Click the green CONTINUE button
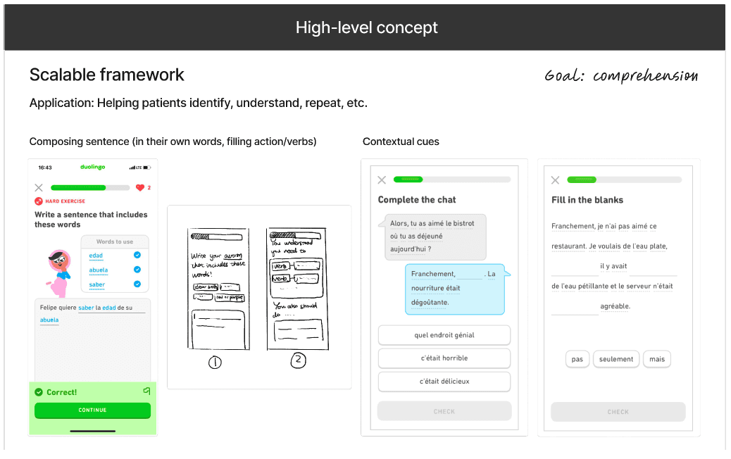point(92,410)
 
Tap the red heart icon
point(139,188)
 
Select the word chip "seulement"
point(616,359)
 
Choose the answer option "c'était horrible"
point(444,358)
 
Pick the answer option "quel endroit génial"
point(444,335)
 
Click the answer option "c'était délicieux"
point(444,382)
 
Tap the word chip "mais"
point(657,359)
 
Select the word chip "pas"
point(577,359)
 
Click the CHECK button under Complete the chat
point(444,411)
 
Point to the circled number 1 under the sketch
point(215,363)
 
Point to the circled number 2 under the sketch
point(299,360)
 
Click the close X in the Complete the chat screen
point(382,180)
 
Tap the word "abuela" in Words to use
point(99,270)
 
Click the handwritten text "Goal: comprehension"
point(621,76)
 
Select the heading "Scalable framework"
point(107,75)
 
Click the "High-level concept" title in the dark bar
point(366,27)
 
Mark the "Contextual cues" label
point(401,142)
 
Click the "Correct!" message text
point(62,392)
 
